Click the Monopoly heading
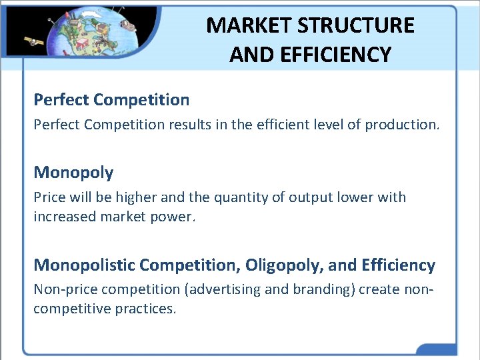(x=73, y=173)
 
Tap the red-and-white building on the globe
(x=82, y=44)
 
